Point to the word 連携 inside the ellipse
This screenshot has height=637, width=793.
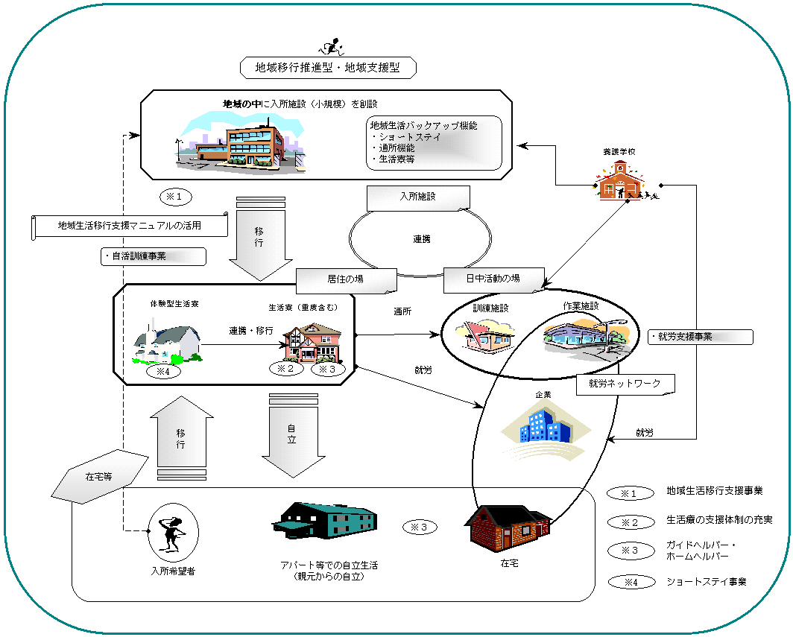pyautogui.click(x=422, y=239)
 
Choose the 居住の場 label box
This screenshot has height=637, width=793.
pyautogui.click(x=345, y=280)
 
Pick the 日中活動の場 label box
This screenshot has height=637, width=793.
pyautogui.click(x=493, y=279)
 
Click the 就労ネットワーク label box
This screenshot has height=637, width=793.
pyautogui.click(x=626, y=384)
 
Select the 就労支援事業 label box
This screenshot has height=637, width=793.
pyautogui.click(x=700, y=337)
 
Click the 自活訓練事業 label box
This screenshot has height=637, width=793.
pyautogui.click(x=152, y=256)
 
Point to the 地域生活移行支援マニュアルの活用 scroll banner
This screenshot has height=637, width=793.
pyautogui.click(x=130, y=226)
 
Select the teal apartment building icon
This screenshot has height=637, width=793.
pyautogui.click(x=324, y=519)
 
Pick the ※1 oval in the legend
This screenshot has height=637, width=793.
pyautogui.click(x=631, y=492)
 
